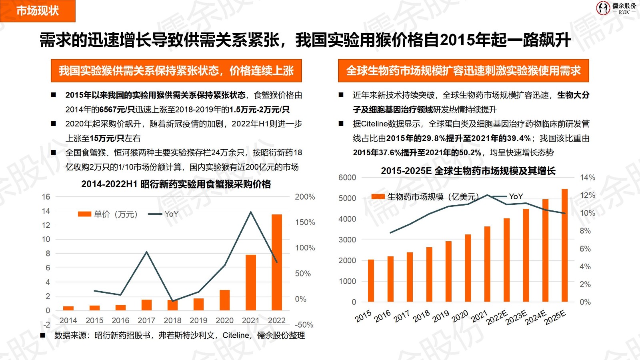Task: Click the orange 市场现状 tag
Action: pos(38,11)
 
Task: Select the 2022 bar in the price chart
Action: pos(277,262)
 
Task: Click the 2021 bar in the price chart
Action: pos(251,282)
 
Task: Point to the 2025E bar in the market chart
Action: pos(565,245)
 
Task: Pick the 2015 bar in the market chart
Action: pos(371,280)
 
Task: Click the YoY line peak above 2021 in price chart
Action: pos(251,212)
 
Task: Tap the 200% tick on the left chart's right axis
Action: pos(305,197)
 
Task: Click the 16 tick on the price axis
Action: pos(46,197)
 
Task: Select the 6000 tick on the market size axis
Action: pos(347,178)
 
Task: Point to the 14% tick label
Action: pos(587,178)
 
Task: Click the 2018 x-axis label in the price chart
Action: pos(172,320)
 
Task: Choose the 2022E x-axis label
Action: pos(497,318)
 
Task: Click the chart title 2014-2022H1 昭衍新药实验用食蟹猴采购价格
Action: pos(176,184)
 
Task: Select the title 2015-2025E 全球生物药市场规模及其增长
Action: pos(468,171)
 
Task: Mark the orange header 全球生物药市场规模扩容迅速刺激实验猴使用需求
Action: pos(463,71)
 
